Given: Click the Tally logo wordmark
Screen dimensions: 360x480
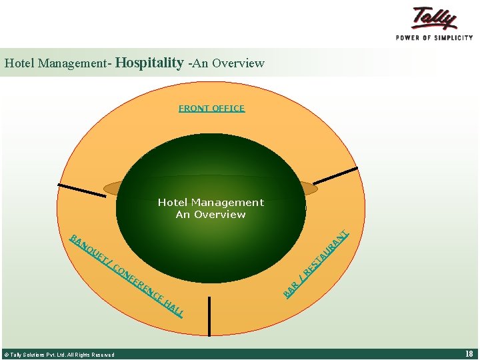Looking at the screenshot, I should click(x=434, y=18).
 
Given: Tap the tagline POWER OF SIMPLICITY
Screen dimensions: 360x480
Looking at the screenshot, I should click(x=434, y=37).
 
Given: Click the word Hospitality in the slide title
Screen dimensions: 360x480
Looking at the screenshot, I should click(x=149, y=63).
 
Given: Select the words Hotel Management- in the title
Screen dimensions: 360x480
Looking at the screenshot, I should click(x=58, y=64).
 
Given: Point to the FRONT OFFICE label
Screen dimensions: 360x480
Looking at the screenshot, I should click(x=211, y=108).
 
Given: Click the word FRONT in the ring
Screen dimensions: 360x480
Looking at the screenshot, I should click(x=193, y=108).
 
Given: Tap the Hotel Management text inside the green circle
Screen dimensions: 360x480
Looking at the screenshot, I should click(x=211, y=202).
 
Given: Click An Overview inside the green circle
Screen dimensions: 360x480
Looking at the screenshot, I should click(x=211, y=214).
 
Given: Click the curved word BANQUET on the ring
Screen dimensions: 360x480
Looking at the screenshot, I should click(x=87, y=250).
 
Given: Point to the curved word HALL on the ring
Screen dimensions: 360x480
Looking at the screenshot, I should click(x=174, y=308).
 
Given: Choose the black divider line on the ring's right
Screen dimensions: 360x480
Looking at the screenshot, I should click(x=336, y=175).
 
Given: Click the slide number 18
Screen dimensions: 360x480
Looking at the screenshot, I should click(x=469, y=354).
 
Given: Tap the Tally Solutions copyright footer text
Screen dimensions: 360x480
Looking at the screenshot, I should click(x=59, y=355).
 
